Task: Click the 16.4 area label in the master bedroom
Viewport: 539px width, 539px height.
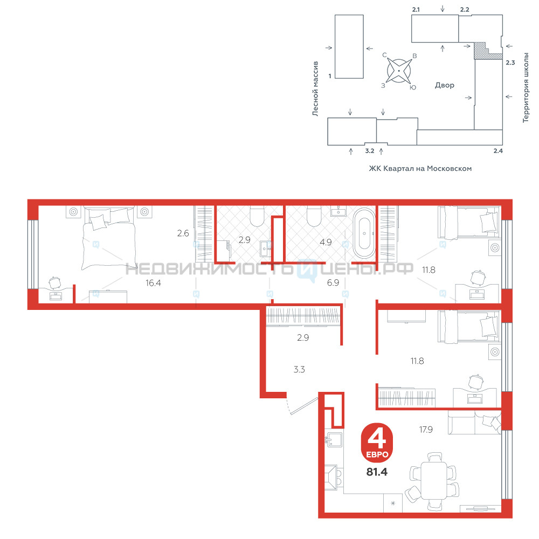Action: tap(153, 283)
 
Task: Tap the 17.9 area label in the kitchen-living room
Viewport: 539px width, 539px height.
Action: tap(426, 430)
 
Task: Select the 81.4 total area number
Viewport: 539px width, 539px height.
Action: tap(377, 472)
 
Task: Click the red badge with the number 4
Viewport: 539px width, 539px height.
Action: tap(377, 443)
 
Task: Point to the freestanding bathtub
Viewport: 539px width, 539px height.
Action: tap(364, 233)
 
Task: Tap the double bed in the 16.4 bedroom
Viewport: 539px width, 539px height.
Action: tap(109, 238)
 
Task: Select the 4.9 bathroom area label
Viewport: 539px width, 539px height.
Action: tap(326, 242)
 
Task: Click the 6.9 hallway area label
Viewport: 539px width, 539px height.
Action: tap(333, 282)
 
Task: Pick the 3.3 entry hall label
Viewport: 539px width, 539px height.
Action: tap(299, 369)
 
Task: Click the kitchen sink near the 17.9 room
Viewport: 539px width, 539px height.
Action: tap(334, 439)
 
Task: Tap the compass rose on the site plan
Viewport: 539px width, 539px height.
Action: tap(399, 71)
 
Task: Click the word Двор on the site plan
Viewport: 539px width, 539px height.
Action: tap(445, 85)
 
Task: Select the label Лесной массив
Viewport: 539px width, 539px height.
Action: tap(315, 89)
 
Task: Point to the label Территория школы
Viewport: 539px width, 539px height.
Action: tap(526, 88)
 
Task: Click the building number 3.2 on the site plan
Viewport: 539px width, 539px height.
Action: tap(370, 151)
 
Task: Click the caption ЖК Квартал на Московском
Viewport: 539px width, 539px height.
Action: tap(420, 168)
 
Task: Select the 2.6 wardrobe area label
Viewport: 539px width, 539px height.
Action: tap(183, 233)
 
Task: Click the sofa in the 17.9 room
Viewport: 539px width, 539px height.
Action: tap(474, 422)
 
